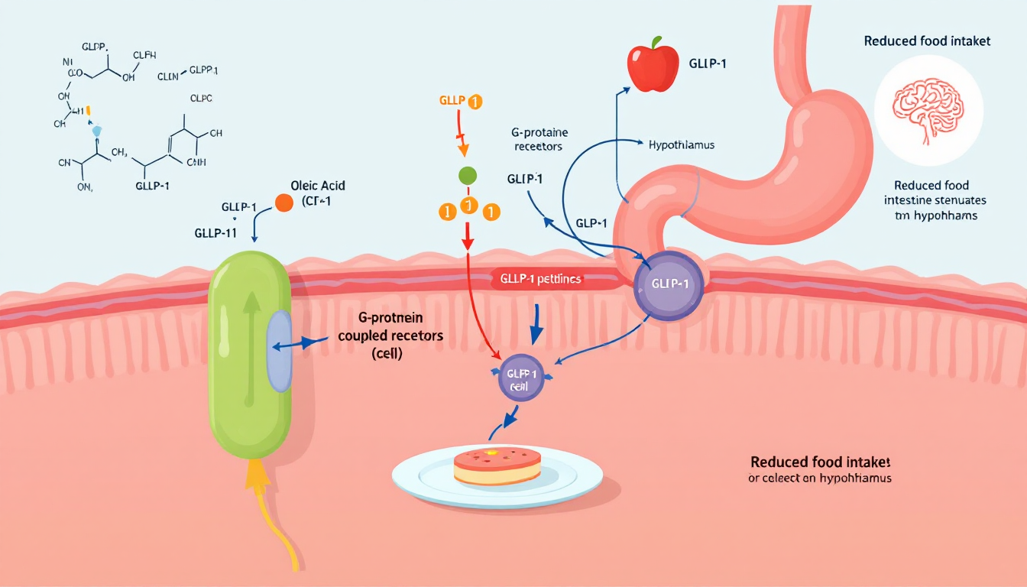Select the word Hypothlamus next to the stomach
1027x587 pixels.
682,144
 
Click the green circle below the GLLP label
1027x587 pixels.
468,175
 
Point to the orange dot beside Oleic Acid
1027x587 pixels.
283,203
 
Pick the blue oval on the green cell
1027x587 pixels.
279,351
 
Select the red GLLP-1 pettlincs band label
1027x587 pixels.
541,280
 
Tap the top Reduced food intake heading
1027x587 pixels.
927,41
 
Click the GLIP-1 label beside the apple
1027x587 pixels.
707,63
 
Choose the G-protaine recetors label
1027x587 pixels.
541,139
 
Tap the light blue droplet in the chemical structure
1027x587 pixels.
96,129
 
